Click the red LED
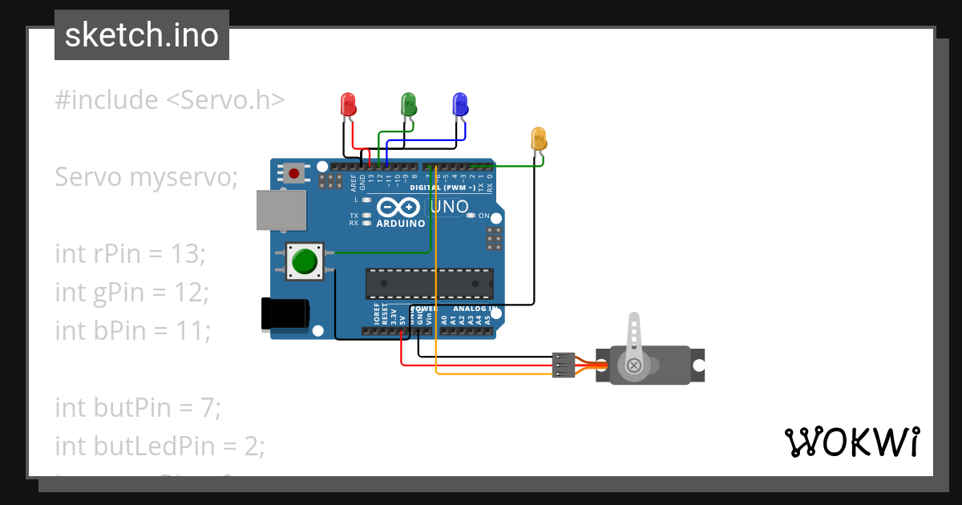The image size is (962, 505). (348, 103)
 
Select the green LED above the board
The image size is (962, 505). (409, 103)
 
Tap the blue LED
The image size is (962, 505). (460, 103)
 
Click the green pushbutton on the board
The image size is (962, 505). (304, 261)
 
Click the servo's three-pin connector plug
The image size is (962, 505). (564, 365)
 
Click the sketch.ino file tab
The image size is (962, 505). (142, 35)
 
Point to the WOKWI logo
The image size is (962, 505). (851, 442)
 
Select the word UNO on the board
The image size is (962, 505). (449, 207)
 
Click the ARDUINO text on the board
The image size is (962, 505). (401, 224)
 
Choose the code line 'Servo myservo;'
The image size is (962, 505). (147, 177)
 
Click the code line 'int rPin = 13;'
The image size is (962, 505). (131, 254)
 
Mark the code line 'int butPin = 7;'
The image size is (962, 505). (137, 408)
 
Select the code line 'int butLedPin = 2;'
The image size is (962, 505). (160, 446)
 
